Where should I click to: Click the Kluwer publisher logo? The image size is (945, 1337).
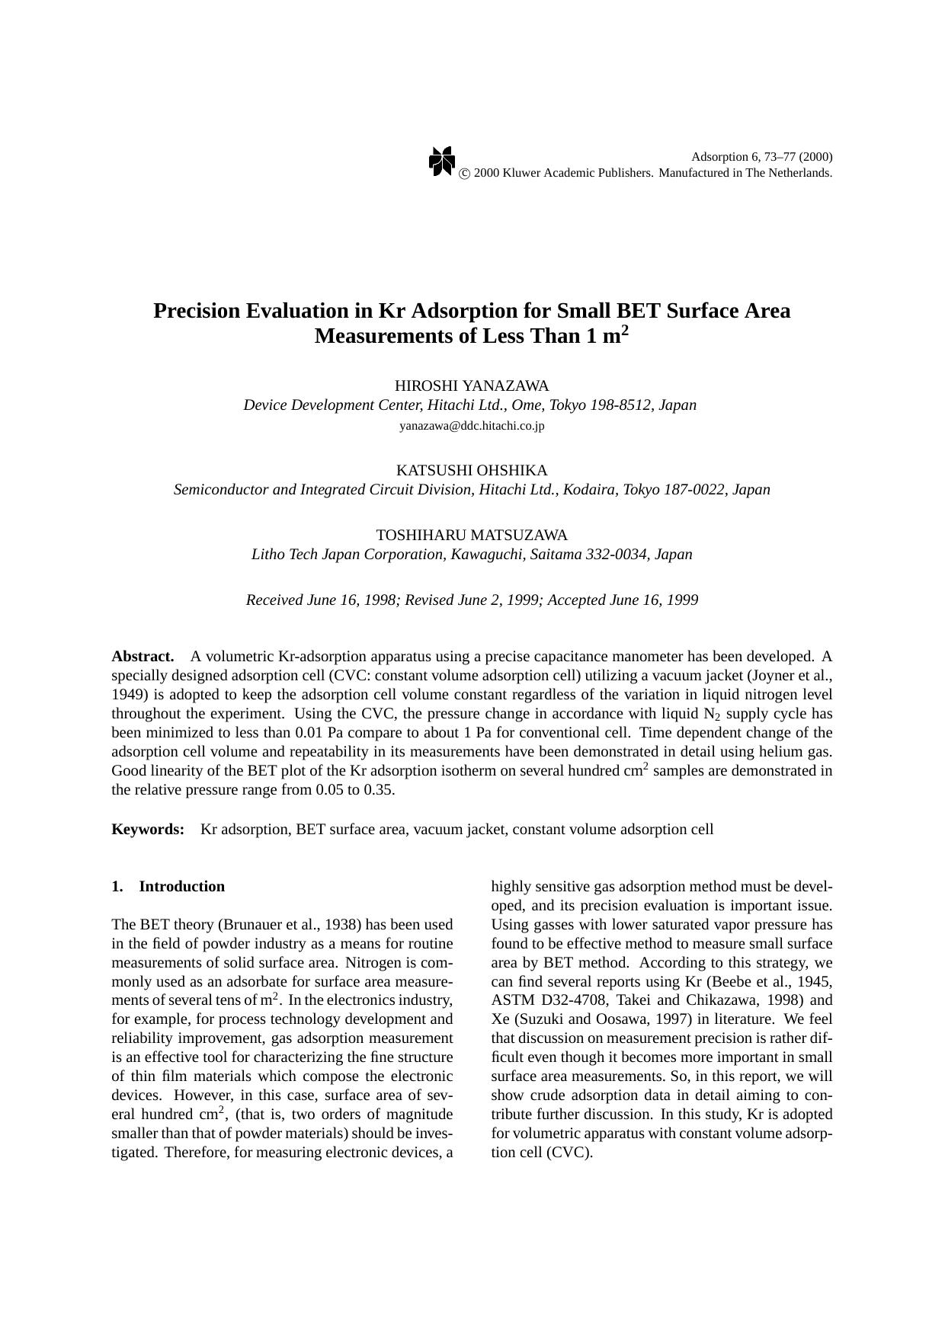pos(441,162)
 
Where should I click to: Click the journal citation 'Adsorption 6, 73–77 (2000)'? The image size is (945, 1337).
pos(761,157)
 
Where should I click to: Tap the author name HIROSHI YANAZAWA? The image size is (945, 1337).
pos(472,385)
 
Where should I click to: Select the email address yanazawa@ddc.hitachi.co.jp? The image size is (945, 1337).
pos(472,426)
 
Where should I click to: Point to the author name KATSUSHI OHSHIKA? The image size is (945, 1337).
pos(472,470)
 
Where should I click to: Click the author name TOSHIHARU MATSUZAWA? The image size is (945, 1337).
pos(472,535)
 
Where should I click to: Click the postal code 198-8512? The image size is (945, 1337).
pos(620,405)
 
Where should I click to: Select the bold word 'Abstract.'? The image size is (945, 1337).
pos(143,656)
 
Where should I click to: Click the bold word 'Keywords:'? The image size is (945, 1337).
pos(148,829)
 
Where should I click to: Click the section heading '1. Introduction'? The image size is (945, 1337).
pos(168,886)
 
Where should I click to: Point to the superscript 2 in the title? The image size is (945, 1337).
pos(625,330)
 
